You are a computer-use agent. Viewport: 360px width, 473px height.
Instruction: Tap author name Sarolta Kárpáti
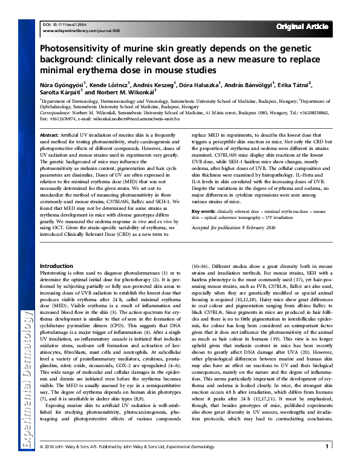point(59,94)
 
